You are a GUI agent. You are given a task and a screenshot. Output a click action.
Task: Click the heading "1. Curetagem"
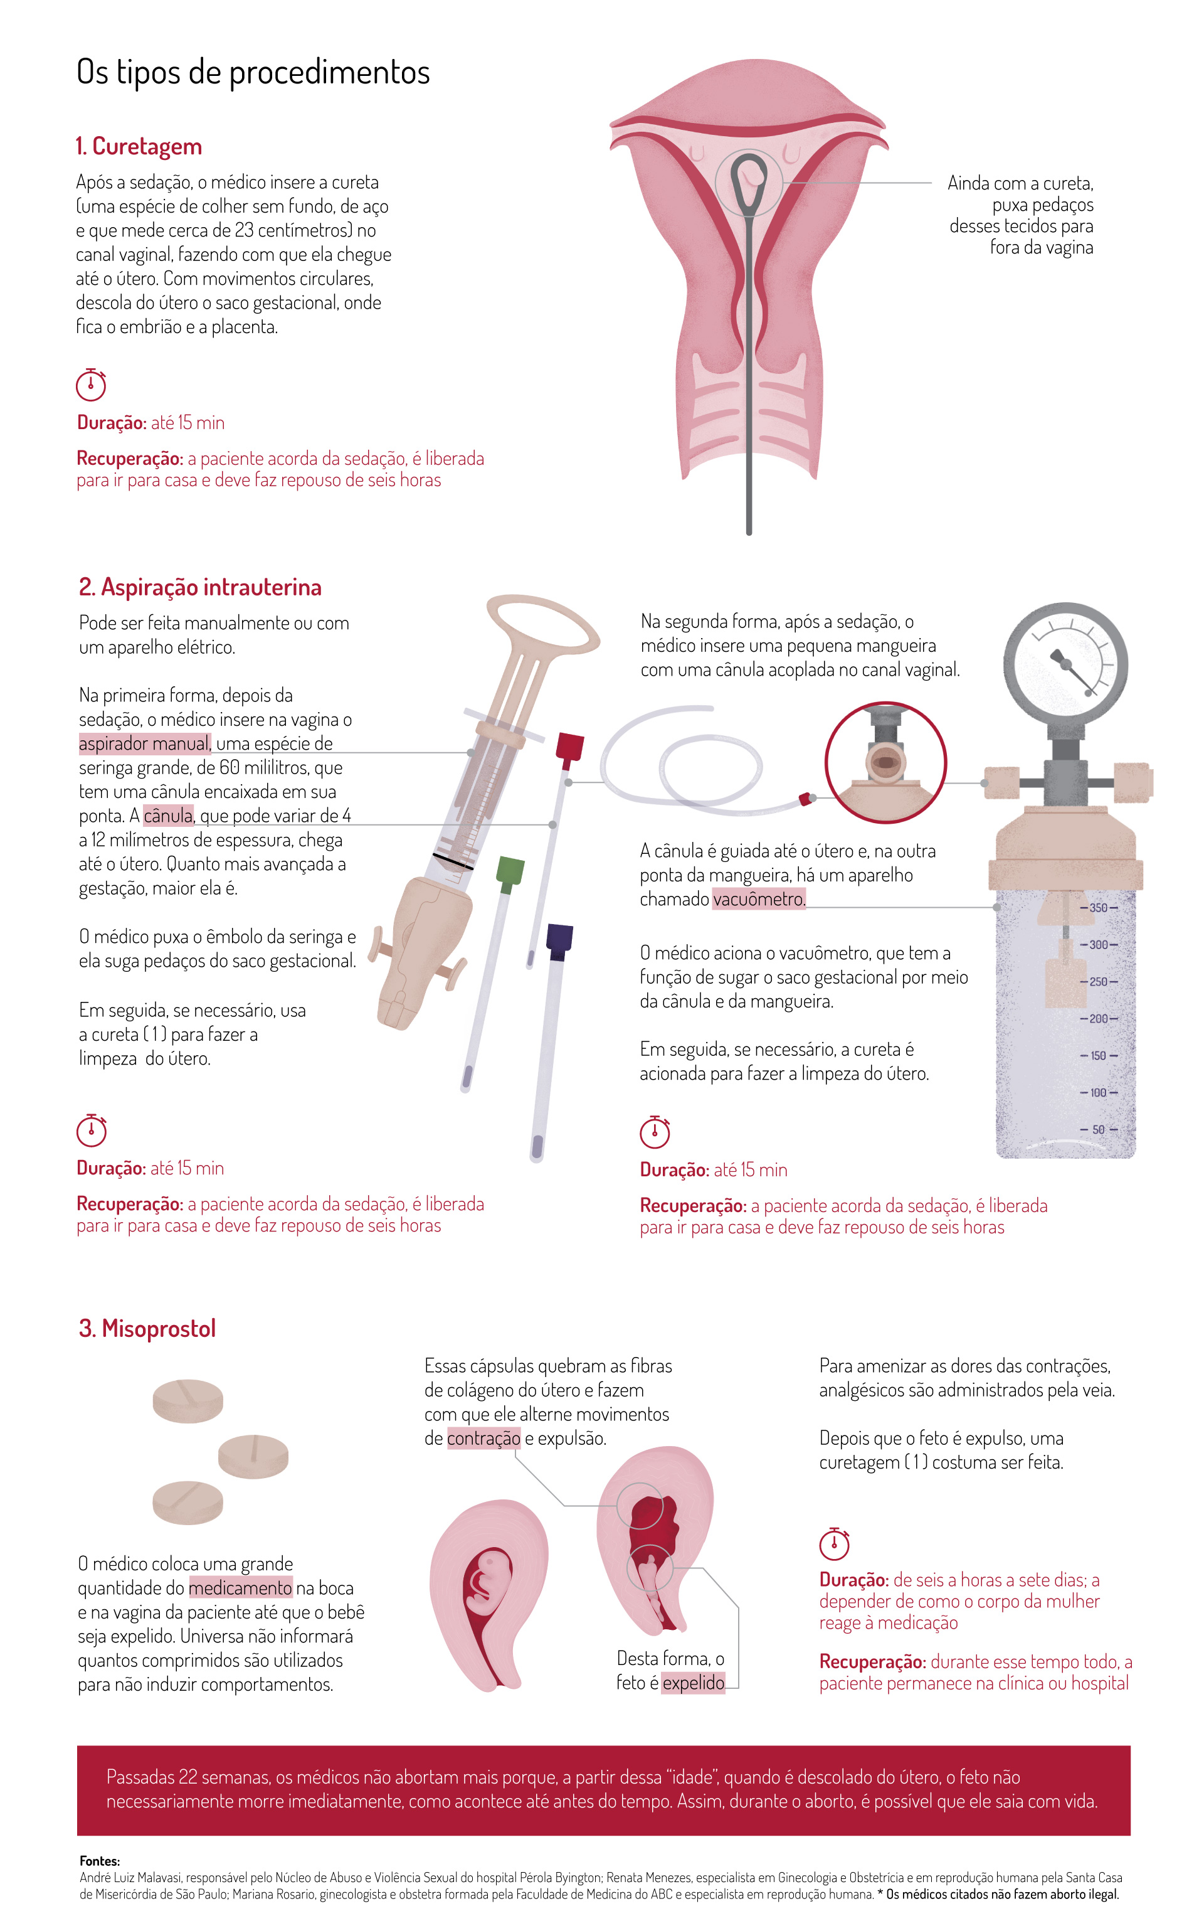click(139, 147)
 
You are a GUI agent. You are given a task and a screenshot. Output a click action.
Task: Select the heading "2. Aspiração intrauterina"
click(200, 587)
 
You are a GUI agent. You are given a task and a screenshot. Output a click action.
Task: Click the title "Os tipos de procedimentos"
click(253, 72)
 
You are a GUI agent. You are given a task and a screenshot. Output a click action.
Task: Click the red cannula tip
click(569, 747)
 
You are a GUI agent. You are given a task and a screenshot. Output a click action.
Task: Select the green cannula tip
click(510, 871)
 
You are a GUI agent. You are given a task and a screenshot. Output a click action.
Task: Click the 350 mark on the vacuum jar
click(1098, 908)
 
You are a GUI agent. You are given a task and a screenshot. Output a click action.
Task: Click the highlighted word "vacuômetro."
click(759, 899)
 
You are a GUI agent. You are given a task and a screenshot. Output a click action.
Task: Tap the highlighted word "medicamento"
click(240, 1588)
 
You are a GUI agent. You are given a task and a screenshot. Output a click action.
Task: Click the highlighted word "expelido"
click(694, 1682)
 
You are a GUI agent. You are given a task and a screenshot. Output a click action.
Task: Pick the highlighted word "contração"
click(484, 1439)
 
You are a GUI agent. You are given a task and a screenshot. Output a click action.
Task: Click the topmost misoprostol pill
click(188, 1402)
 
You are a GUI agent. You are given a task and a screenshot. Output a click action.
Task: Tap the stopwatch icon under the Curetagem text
click(91, 385)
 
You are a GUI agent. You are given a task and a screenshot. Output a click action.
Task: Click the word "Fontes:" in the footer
click(100, 1861)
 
